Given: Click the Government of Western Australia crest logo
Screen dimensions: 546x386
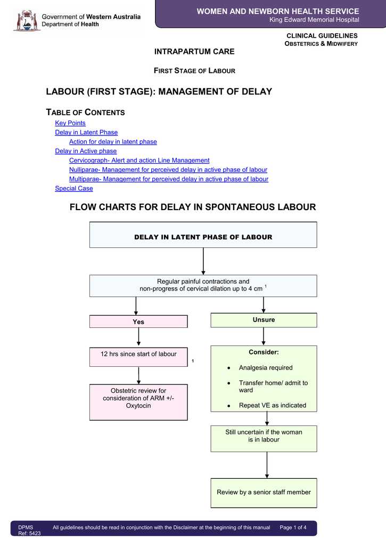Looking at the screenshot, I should pos(27,20).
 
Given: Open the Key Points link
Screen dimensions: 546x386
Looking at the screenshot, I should pos(70,123).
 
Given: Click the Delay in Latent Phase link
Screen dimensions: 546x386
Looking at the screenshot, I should pos(86,132).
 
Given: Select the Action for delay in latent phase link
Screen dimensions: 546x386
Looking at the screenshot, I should pos(113,142).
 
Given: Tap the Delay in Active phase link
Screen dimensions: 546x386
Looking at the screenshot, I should pos(86,151).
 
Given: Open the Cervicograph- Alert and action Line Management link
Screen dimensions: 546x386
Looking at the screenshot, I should pos(139,160).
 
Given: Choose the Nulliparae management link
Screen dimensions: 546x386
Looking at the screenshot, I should pos(168,170).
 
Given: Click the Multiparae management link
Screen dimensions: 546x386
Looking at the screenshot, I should pos(168,179).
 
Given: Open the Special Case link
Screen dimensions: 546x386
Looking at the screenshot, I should pos(74,188).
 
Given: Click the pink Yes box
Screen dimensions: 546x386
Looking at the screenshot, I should pos(138,322).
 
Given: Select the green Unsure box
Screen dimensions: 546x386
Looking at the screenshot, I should pos(264,320).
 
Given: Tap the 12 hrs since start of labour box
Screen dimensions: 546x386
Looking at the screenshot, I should pos(138,357).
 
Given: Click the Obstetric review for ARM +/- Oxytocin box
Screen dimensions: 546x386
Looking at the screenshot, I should pos(138,402).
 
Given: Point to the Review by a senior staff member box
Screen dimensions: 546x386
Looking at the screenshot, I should pos(264,492).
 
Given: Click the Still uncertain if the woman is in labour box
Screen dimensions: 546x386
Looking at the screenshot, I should pos(264,438).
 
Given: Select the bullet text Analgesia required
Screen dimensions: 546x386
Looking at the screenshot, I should pos(265,368).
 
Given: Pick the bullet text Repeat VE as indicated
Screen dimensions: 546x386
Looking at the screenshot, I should pos(272,405).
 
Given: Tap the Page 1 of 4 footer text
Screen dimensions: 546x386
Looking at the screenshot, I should pos(293,527).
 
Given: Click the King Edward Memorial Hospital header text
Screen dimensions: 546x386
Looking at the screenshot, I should pos(314,20).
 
